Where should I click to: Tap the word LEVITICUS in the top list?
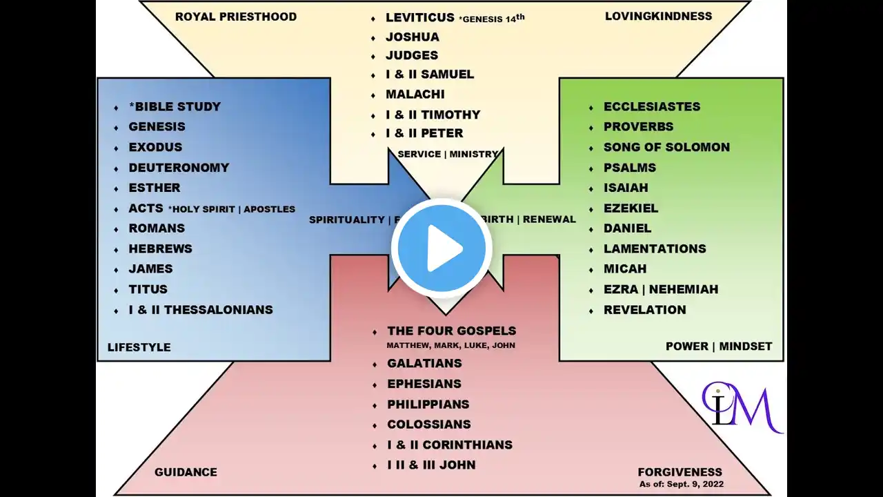click(419, 18)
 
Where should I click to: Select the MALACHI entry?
click(415, 95)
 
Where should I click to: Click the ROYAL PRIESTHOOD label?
click(236, 17)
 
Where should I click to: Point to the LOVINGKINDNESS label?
click(658, 16)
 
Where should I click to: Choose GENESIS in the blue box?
click(157, 127)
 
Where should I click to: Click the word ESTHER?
click(155, 188)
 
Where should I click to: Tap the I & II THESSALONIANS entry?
click(201, 310)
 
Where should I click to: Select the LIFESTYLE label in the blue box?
click(139, 347)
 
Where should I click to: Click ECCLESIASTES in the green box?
click(652, 107)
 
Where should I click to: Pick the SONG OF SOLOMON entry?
click(666, 147)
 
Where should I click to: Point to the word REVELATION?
click(645, 310)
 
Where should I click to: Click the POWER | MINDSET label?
click(719, 347)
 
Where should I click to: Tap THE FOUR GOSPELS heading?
click(452, 331)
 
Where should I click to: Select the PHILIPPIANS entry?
click(428, 405)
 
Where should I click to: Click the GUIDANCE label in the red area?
click(186, 472)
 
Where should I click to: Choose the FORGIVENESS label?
click(680, 472)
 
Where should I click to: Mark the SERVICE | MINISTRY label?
click(448, 154)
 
